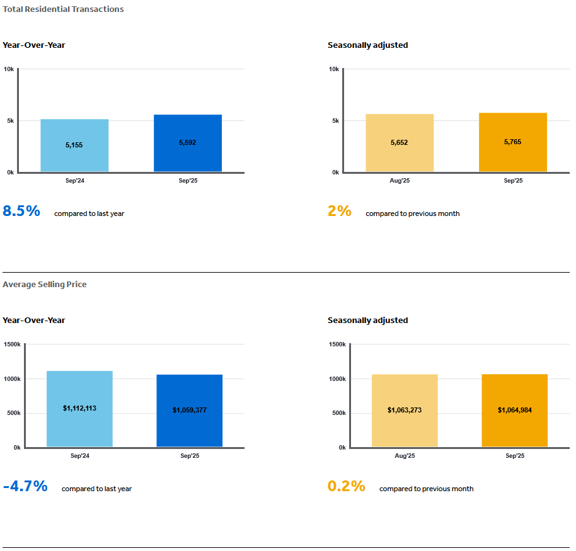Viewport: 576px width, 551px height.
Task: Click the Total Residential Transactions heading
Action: coord(63,9)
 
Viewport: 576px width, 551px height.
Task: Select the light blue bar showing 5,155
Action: coord(74,145)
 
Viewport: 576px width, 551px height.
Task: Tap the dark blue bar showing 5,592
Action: coord(188,143)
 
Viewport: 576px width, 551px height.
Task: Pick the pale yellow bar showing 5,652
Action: coord(400,143)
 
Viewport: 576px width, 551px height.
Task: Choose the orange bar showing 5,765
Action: coord(513,142)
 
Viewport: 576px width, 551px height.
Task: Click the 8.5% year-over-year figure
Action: coord(21,212)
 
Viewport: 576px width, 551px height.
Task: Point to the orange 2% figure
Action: coord(340,212)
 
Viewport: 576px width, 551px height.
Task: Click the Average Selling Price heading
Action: coord(45,285)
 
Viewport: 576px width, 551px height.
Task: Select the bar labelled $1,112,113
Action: coord(79,409)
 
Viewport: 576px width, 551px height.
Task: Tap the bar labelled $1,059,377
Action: coord(190,411)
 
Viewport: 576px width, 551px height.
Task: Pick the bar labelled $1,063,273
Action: coord(405,411)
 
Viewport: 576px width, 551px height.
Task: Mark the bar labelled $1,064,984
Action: coord(515,411)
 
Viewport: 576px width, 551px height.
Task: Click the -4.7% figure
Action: coord(25,487)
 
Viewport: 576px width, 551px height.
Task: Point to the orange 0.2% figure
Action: coord(347,487)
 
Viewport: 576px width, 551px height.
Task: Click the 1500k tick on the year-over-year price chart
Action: coord(12,344)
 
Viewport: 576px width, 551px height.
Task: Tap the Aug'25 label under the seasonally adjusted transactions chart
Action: coord(400,181)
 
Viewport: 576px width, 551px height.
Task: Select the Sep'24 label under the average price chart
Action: coord(79,456)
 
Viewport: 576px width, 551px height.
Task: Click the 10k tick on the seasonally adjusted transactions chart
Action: coord(333,69)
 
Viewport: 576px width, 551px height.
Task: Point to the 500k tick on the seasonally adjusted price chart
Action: coord(338,413)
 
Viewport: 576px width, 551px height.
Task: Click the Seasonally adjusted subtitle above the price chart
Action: coord(367,321)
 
